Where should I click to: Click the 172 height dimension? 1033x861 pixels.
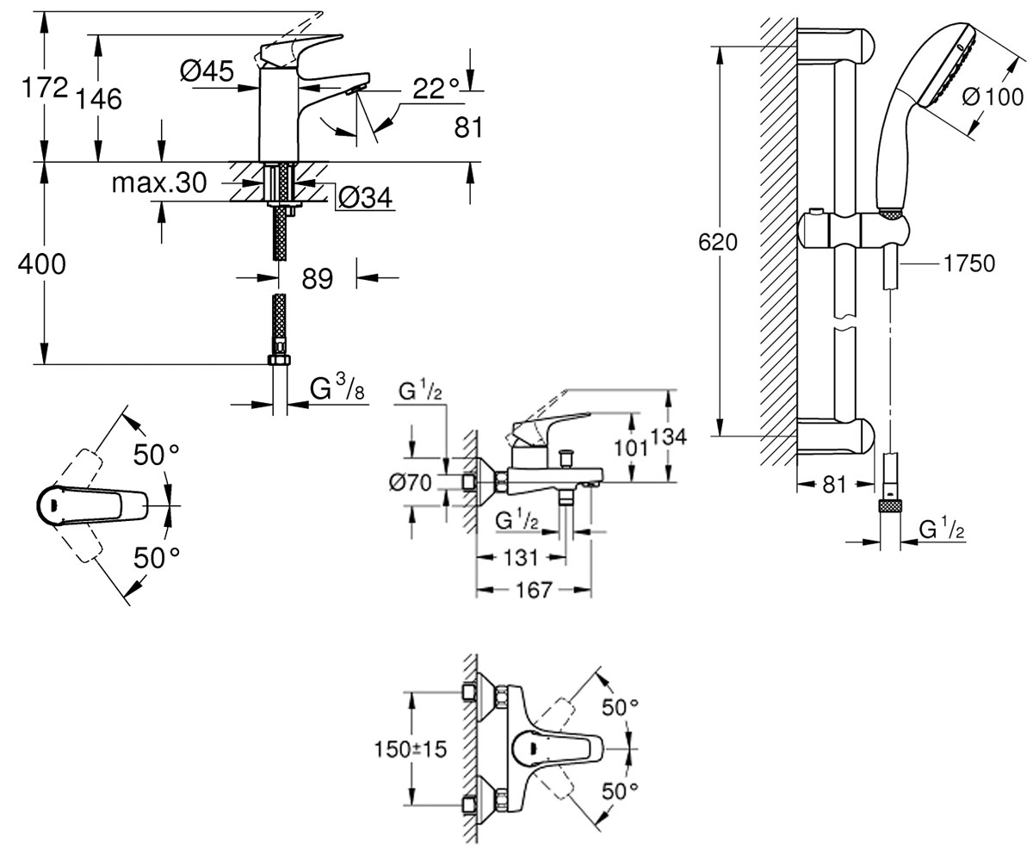[x=45, y=88]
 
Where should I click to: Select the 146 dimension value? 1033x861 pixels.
[x=98, y=99]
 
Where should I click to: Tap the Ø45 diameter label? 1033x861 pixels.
[x=207, y=71]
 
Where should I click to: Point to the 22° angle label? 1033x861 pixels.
[x=436, y=89]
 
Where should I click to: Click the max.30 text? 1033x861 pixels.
[x=158, y=183]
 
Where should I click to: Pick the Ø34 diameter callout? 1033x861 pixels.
[x=366, y=198]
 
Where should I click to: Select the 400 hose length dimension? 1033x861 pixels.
[x=41, y=264]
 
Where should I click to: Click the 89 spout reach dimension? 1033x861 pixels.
[x=317, y=279]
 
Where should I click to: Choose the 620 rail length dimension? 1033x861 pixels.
[x=717, y=243]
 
